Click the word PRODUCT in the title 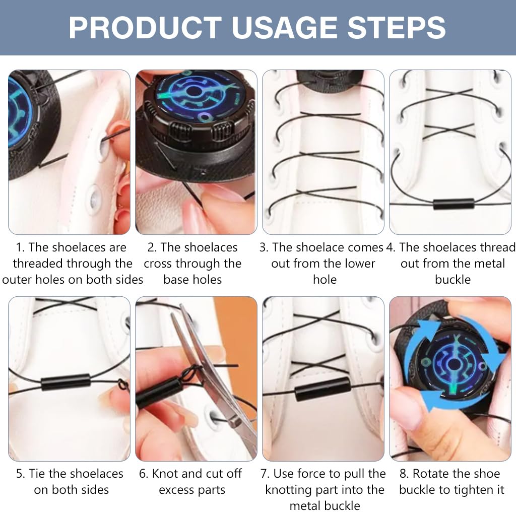pyautogui.click(x=145, y=28)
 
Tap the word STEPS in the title pyautogui.click(x=396, y=28)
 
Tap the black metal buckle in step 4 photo pyautogui.click(x=454, y=204)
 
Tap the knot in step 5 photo pyautogui.click(x=122, y=383)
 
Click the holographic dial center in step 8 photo pyautogui.click(x=454, y=364)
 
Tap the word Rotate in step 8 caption pyautogui.click(x=430, y=474)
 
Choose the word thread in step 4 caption pyautogui.click(x=497, y=247)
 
